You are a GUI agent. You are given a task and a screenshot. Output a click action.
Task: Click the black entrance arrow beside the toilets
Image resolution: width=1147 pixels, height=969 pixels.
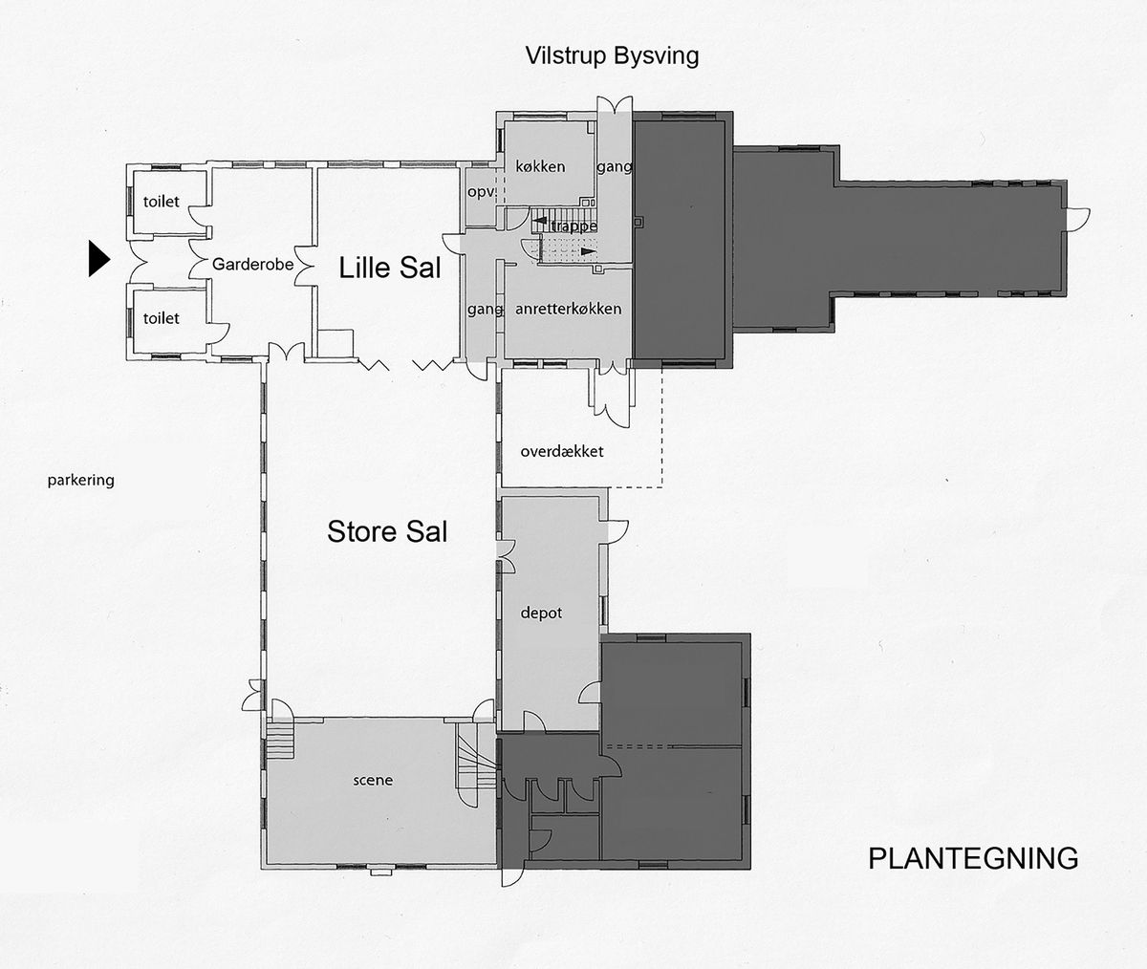pyautogui.click(x=98, y=258)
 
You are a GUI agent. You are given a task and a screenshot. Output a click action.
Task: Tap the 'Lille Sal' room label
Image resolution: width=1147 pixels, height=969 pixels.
pyautogui.click(x=389, y=269)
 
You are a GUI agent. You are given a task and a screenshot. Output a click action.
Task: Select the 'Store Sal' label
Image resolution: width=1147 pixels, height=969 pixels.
pyautogui.click(x=387, y=531)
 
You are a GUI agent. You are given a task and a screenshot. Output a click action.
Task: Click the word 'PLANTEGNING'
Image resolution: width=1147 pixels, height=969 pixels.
pyautogui.click(x=973, y=858)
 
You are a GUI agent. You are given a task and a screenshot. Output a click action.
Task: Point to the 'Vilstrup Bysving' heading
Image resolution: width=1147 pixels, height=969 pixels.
pyautogui.click(x=612, y=55)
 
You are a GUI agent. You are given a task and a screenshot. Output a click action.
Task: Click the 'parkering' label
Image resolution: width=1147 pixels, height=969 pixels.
pyautogui.click(x=80, y=480)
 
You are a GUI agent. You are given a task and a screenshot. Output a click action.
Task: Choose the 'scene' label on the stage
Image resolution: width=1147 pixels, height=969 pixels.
pyautogui.click(x=373, y=780)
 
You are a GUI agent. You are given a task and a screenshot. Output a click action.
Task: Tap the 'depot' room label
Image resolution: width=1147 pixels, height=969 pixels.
pyautogui.click(x=541, y=614)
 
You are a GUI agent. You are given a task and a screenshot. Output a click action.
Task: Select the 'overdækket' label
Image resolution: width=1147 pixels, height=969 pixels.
pyautogui.click(x=562, y=452)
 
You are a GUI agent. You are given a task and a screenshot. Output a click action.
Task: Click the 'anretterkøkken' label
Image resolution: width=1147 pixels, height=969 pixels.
pyautogui.click(x=568, y=309)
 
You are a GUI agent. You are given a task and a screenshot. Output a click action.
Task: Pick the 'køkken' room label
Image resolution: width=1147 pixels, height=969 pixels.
pyautogui.click(x=540, y=166)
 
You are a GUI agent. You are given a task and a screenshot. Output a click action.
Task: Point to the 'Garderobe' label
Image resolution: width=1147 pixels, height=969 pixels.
pyautogui.click(x=252, y=264)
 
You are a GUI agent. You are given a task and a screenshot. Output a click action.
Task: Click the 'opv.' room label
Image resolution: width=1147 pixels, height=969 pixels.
pyautogui.click(x=481, y=192)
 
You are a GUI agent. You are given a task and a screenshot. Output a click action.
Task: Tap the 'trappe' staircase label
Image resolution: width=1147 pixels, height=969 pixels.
pyautogui.click(x=573, y=226)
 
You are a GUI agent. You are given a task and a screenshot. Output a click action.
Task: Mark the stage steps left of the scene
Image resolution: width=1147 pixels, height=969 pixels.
pyautogui.click(x=280, y=740)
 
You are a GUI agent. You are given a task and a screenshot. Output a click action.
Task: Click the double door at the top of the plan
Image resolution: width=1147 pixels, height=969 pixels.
pyautogui.click(x=615, y=105)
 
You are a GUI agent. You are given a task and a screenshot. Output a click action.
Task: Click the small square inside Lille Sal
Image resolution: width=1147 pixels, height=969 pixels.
pyautogui.click(x=335, y=344)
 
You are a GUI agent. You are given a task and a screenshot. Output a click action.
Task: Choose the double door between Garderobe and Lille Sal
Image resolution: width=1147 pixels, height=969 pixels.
pyautogui.click(x=304, y=266)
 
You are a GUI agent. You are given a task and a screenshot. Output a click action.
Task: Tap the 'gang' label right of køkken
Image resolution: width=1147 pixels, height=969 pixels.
pyautogui.click(x=615, y=166)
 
